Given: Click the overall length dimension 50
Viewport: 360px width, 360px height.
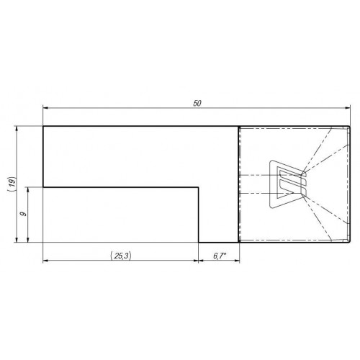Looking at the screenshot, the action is tap(197, 104).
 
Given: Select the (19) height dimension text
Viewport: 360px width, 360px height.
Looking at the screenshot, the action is tap(12, 184).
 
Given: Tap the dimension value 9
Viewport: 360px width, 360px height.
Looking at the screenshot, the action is tap(24, 214).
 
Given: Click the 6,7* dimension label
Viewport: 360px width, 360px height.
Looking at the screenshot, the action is tap(220, 256).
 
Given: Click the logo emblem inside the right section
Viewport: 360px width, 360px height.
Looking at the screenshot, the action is tap(288, 184).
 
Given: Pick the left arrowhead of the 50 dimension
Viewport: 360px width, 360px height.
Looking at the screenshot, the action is tap(45, 108).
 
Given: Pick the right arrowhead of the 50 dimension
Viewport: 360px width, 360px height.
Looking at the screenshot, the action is tap(348, 108).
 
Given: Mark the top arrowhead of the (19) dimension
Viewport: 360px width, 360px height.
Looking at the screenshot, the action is tap(17, 129).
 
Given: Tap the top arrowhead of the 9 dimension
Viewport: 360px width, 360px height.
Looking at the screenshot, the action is tap(28, 189).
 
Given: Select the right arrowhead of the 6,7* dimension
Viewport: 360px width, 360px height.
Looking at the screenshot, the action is tap(237, 260).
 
